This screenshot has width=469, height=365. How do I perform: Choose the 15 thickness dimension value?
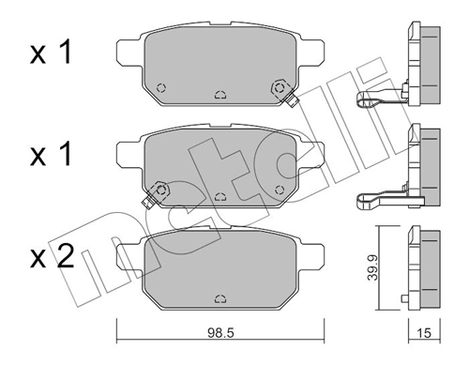[x=426, y=332]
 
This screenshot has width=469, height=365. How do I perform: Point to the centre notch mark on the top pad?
[x=219, y=94]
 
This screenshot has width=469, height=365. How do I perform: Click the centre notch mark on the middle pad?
[x=219, y=197]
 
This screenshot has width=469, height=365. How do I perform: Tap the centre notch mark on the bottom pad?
[x=219, y=297]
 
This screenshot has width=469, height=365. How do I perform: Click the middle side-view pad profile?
[x=424, y=164]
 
